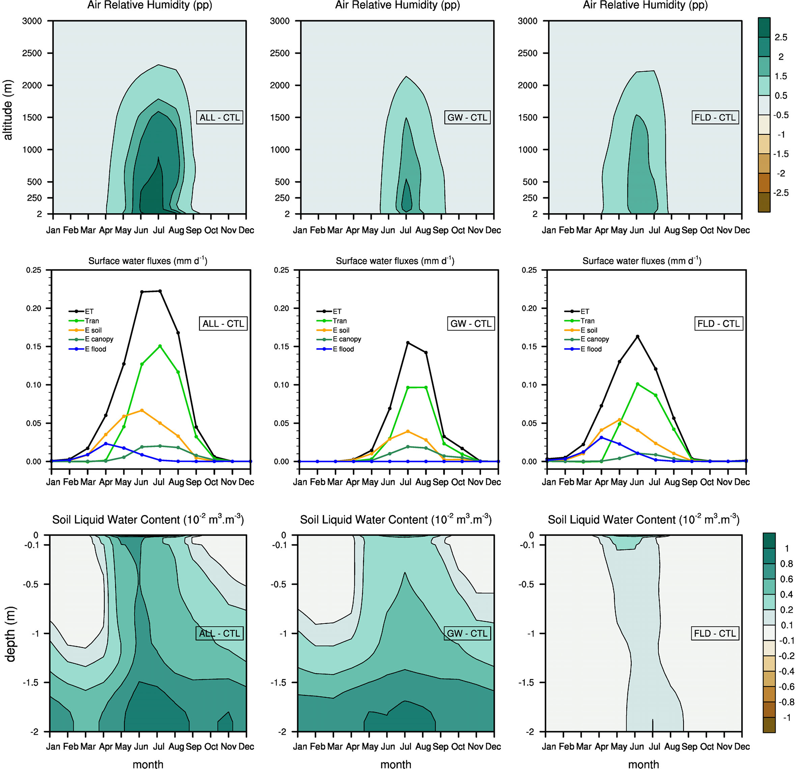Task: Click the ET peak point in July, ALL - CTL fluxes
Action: coord(159,291)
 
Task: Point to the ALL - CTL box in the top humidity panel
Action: coord(220,117)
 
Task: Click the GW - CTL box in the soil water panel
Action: coord(467,633)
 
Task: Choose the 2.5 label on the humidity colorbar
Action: coord(781,37)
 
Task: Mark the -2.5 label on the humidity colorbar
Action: coord(781,193)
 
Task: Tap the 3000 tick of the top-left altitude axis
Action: coord(32,21)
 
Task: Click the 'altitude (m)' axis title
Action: coord(8,110)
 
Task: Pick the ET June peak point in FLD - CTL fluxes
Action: coord(637,336)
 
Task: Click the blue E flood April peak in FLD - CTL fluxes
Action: coord(602,438)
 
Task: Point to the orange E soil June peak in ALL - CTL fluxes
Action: coord(142,410)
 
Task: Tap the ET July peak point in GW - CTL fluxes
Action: coord(408,343)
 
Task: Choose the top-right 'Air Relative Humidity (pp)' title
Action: coord(645,5)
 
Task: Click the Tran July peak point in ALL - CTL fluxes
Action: coord(159,346)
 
